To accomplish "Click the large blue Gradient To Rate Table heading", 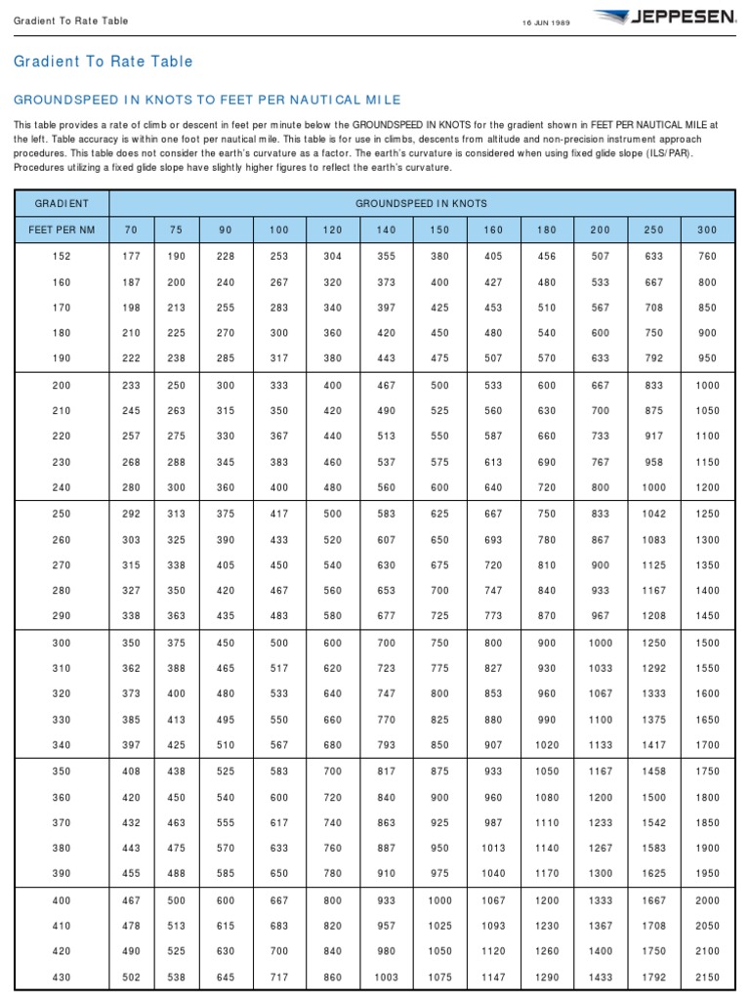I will coord(103,62).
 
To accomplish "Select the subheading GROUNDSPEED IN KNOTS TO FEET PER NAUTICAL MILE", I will coord(207,101).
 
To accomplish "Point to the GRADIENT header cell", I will coord(62,203).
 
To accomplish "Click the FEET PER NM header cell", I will coord(62,229).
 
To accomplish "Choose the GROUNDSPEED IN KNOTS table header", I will coord(421,203).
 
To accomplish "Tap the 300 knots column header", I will coord(707,229).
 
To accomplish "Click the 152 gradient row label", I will coord(62,256).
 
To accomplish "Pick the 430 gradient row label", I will coord(62,977).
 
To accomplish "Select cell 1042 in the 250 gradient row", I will coord(653,514).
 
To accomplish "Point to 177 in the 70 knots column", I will coord(132,256).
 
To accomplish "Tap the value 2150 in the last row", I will coord(707,977).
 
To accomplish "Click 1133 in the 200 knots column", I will coord(600,746).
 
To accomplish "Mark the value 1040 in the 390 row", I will coord(494,874).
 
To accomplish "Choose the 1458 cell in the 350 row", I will coord(653,771).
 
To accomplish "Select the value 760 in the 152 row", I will coord(707,256).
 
